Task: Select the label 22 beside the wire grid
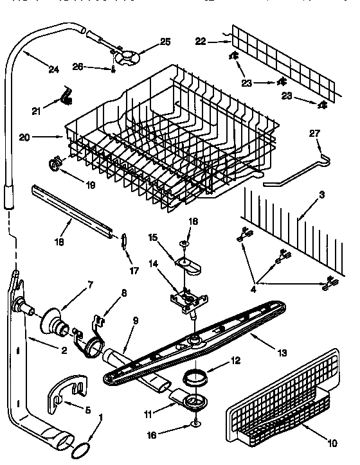click(x=201, y=42)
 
